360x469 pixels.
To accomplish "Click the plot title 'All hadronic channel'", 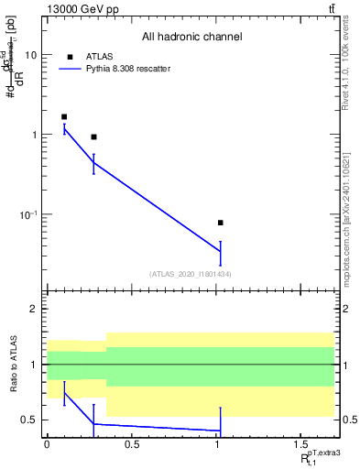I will point(191,38).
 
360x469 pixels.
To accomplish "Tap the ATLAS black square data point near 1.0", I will point(221,223).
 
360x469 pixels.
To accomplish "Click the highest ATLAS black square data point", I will point(64,116).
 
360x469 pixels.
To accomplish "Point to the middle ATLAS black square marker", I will point(93,136).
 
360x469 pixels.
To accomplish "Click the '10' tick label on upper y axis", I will point(31,55).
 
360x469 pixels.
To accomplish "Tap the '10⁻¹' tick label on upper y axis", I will point(29,214).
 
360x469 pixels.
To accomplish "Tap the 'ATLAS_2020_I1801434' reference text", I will point(191,274).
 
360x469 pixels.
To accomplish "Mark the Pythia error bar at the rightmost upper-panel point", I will point(221,252).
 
